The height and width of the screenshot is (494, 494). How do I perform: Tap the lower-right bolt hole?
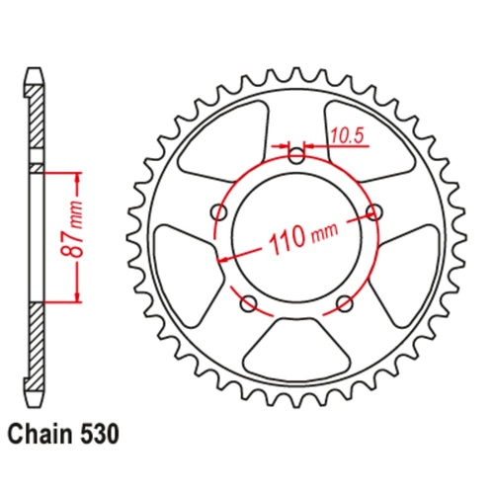pos(344,301)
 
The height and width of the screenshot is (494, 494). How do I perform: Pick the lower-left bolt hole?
pos(248,301)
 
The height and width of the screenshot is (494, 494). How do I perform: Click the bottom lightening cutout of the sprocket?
pos(296,345)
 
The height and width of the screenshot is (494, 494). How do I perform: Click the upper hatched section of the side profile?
pos(36,123)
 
